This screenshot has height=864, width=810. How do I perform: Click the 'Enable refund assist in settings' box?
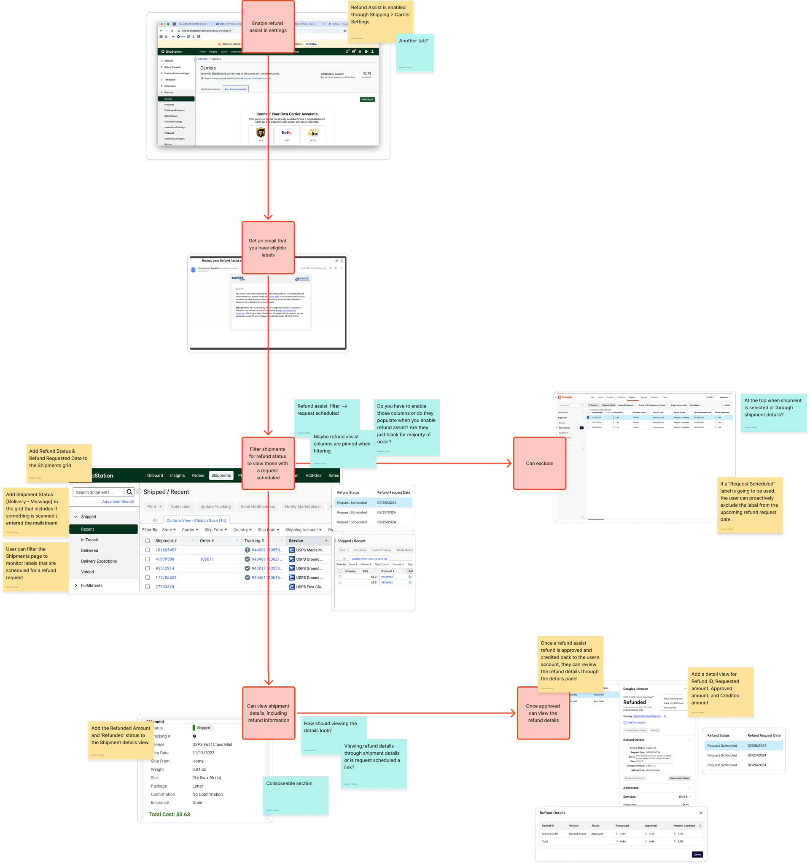coord(268,27)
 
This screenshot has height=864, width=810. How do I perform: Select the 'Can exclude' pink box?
coord(539,463)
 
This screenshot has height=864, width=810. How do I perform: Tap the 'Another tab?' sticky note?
coord(415,53)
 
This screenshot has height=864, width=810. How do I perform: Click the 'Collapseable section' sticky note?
coord(296,795)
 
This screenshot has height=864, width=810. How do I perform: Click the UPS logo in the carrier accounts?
coord(261,133)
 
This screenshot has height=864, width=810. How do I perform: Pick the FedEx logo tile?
coord(287,133)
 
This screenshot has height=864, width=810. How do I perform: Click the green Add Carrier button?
coord(367,100)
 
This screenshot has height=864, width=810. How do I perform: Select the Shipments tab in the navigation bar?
coord(221,475)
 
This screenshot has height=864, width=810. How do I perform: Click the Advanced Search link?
coord(118,502)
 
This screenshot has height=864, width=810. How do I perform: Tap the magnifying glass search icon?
coord(129,492)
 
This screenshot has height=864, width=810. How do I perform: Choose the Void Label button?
coord(180,507)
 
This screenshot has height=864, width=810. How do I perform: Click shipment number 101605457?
coord(166,550)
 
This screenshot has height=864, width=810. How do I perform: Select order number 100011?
coord(207,559)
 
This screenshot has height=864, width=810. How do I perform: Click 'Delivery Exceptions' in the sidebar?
coord(99,561)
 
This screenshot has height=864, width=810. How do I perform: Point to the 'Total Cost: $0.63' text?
coord(170,815)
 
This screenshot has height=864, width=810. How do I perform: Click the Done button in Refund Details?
coord(697,854)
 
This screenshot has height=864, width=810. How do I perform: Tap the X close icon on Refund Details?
coord(700,813)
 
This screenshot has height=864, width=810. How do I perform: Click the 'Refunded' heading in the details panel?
coord(635,702)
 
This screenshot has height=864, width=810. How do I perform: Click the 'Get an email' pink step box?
coord(268,248)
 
